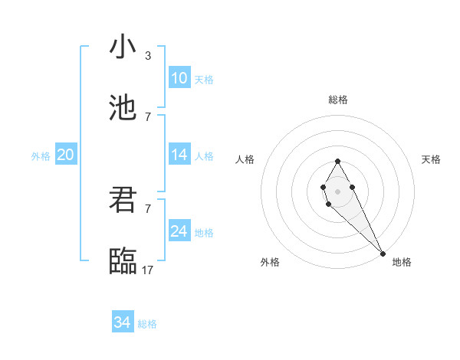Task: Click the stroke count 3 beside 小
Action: point(147,56)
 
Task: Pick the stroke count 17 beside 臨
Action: point(147,270)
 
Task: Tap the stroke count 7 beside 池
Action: point(147,116)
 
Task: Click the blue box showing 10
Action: point(179,78)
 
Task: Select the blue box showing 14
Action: point(179,155)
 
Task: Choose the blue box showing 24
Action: point(179,231)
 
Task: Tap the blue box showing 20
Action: point(65,155)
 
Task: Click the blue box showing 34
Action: point(123,322)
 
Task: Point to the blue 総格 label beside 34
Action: point(147,324)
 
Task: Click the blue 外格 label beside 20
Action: point(41,156)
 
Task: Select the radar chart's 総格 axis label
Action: point(338,100)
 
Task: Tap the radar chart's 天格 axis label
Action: point(431,159)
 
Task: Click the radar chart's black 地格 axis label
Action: point(402,263)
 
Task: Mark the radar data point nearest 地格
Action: point(383,253)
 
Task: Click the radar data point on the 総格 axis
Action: point(337,161)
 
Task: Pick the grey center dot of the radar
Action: point(337,190)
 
